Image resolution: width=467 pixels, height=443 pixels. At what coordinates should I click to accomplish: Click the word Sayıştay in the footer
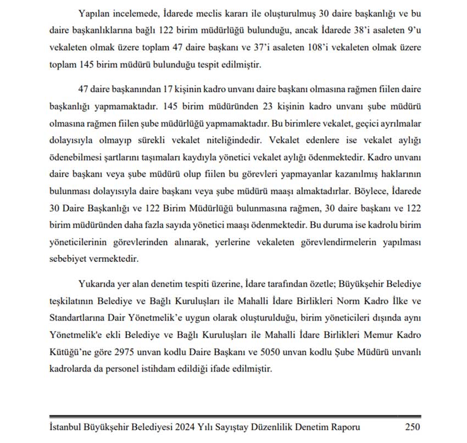click(x=234, y=427)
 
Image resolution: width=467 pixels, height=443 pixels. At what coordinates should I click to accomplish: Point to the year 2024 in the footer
click(x=182, y=427)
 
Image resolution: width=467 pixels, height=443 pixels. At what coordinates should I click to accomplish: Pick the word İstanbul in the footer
click(x=66, y=427)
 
